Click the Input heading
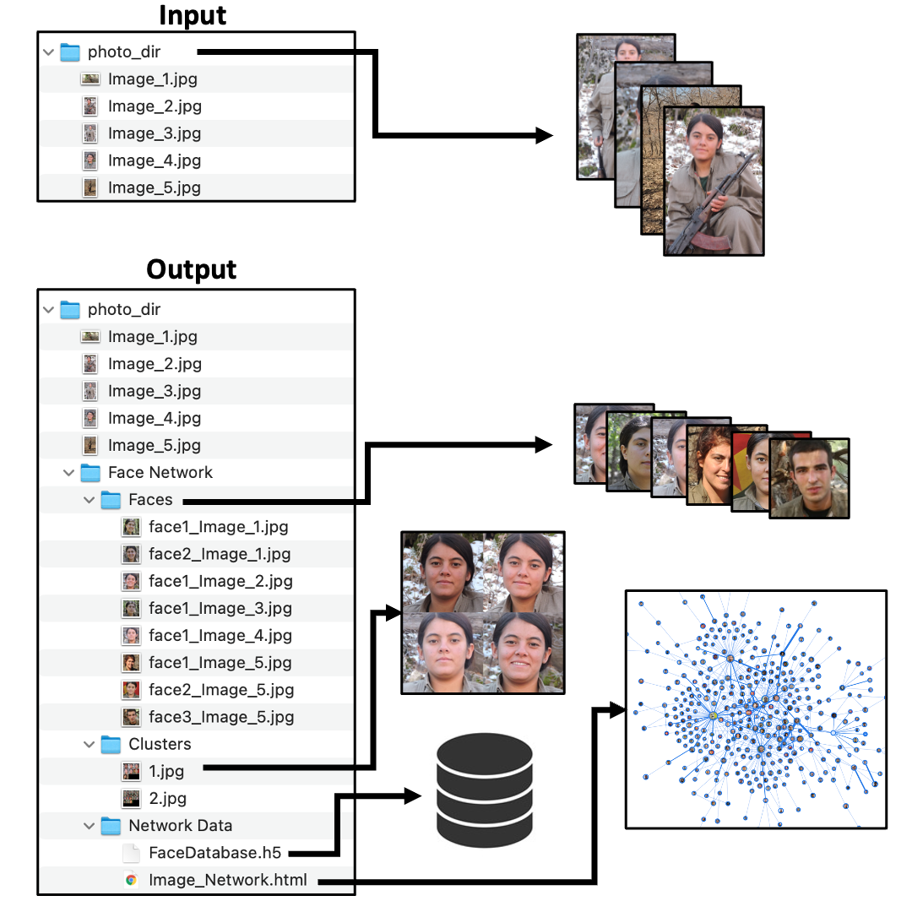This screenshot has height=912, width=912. pos(193,16)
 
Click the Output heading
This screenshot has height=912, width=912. pos(192,269)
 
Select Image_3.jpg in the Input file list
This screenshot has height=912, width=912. pos(155,133)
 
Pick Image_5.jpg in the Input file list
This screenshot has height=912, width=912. pos(155,187)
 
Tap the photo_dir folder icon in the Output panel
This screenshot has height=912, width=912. pos(70,310)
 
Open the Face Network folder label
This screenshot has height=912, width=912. pos(160,473)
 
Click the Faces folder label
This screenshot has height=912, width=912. pos(150,500)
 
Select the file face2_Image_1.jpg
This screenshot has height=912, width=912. pos(220,554)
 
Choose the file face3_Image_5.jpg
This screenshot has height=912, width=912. pos(221,717)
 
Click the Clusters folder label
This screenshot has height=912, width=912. pos(160,744)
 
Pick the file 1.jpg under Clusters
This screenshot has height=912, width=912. pos(166,771)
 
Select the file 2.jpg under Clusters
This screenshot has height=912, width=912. pos(167,798)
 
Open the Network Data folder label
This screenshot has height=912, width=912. pos(180,826)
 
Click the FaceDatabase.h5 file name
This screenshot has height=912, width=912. pos(214,853)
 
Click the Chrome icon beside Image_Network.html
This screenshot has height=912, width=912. pos(131,880)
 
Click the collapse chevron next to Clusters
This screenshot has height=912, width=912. pos(90,744)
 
